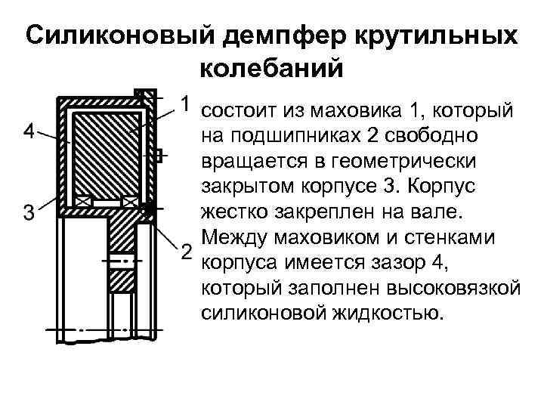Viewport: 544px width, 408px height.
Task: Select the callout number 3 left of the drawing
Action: coord(28,214)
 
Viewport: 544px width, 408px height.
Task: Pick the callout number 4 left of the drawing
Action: coord(28,132)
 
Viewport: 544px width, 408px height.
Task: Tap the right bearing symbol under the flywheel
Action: coord(129,202)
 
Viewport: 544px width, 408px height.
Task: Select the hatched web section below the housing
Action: coord(121,249)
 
